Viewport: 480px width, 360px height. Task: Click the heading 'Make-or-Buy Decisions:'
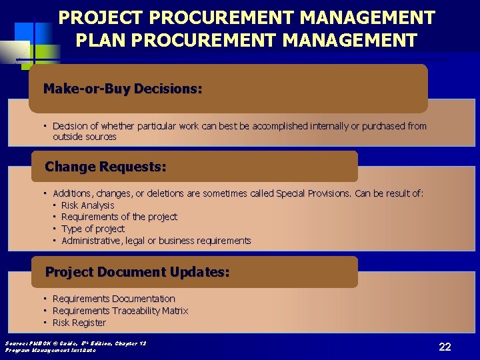pyautogui.click(x=123, y=89)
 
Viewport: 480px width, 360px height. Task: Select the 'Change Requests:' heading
pyautogui.click(x=105, y=167)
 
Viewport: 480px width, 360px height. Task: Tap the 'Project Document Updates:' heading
pyautogui.click(x=137, y=272)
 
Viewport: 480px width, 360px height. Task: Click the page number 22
pyautogui.click(x=445, y=347)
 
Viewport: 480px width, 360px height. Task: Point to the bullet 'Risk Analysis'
pyautogui.click(x=87, y=205)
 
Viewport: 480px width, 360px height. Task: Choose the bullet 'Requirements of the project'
pyautogui.click(x=119, y=217)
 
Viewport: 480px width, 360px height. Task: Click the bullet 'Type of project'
pyautogui.click(x=93, y=229)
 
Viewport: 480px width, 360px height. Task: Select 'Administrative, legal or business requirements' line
pyautogui.click(x=156, y=241)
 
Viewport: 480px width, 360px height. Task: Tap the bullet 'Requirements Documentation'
pyautogui.click(x=113, y=299)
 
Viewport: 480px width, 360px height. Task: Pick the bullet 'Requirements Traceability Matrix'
pyautogui.click(x=120, y=311)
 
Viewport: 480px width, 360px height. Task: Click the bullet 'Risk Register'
pyautogui.click(x=79, y=323)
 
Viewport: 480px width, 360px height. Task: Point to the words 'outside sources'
pyautogui.click(x=85, y=137)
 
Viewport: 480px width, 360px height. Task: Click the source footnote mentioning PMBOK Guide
pyautogui.click(x=75, y=343)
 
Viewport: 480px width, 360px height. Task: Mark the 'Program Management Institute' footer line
pyautogui.click(x=51, y=350)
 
